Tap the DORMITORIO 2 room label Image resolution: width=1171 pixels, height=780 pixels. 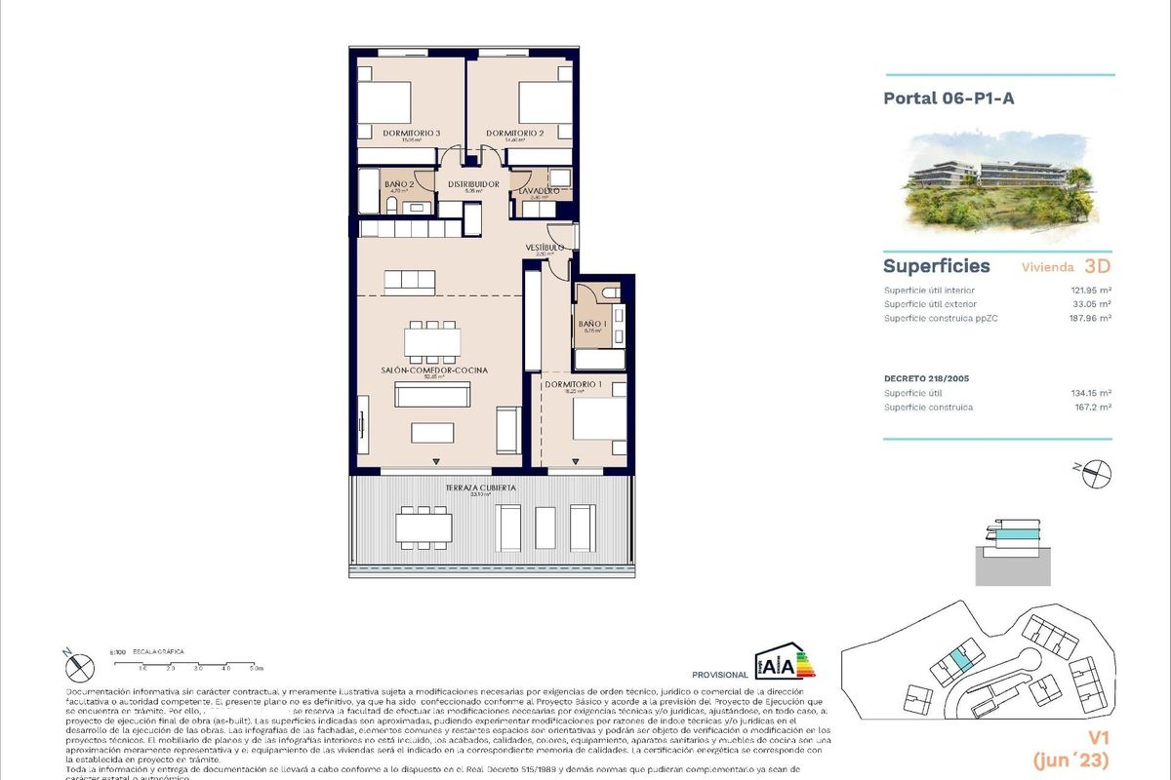point(514,133)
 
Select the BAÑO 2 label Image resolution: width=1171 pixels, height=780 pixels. point(400,183)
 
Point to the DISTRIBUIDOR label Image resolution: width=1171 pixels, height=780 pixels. point(473,183)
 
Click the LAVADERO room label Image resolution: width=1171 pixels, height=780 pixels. point(538,191)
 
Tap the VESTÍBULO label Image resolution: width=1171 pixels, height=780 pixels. point(545,248)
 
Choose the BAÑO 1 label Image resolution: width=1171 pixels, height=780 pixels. point(592,324)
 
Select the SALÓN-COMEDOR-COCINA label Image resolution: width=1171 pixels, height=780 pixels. point(434,370)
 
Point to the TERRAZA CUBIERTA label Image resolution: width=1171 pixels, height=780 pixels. point(480,487)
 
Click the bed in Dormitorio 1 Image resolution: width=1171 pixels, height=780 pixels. point(599,420)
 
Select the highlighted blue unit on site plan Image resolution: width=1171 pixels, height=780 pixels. point(961,661)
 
